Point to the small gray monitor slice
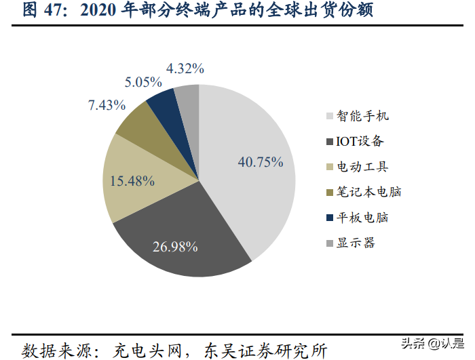(x=187, y=96)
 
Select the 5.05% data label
(x=142, y=83)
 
